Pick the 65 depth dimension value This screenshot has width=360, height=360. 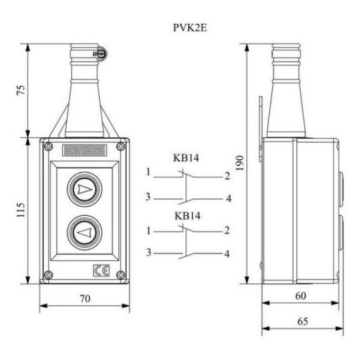pos(300,321)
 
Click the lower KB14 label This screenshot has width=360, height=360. pos(185,216)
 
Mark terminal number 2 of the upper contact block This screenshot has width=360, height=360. pos(226,175)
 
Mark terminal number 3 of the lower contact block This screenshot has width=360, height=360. pos(149,253)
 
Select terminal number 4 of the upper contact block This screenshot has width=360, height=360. pos(226,199)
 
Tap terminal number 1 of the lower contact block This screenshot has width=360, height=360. pos(149,230)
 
